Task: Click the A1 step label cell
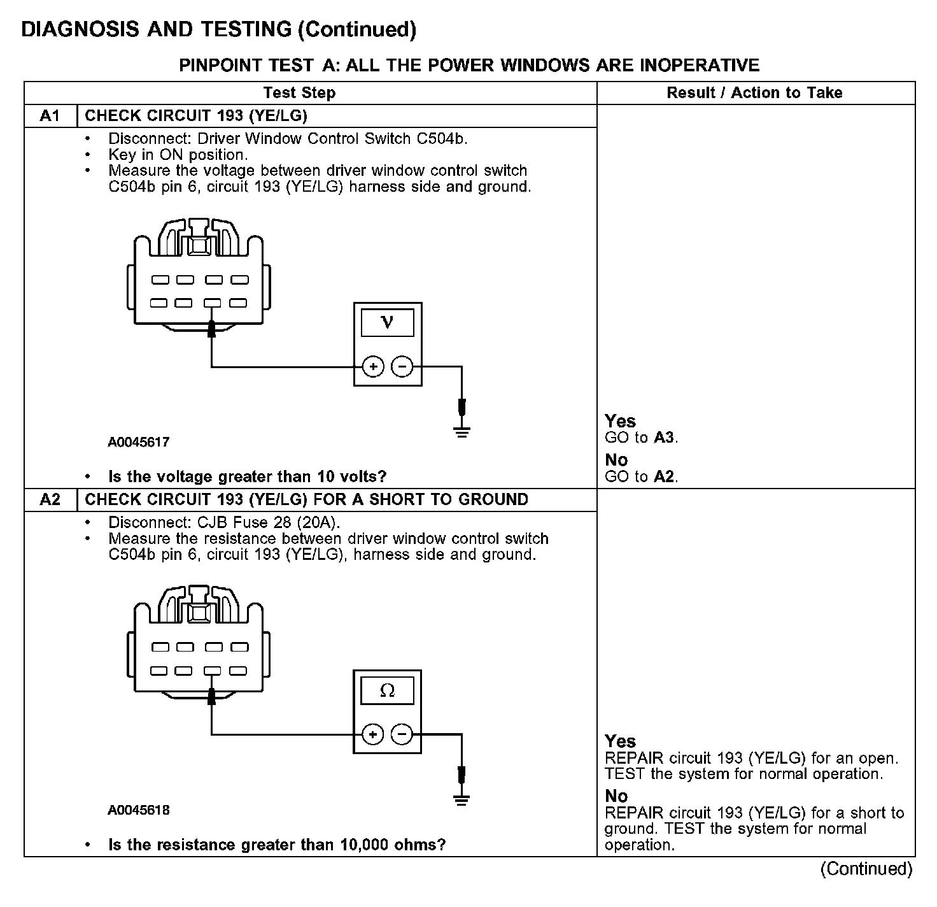(x=50, y=115)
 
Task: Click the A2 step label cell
(x=50, y=499)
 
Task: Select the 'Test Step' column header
(x=299, y=93)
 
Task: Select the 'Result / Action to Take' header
(x=754, y=93)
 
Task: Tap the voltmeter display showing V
(x=387, y=322)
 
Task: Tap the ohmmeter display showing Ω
(x=387, y=690)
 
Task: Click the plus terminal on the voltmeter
(x=373, y=367)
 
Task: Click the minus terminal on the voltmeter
(x=402, y=367)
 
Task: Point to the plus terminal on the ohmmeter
(x=373, y=735)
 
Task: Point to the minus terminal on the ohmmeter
(x=402, y=735)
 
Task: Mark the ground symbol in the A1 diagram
(x=462, y=432)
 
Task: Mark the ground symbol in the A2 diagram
(x=462, y=801)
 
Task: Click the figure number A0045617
(x=139, y=442)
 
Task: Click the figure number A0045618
(x=139, y=810)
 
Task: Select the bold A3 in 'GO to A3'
(x=664, y=438)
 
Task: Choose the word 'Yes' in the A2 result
(x=620, y=741)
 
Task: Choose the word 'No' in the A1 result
(x=616, y=460)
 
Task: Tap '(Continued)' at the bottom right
(x=866, y=869)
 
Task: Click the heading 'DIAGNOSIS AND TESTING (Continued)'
(x=219, y=29)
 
